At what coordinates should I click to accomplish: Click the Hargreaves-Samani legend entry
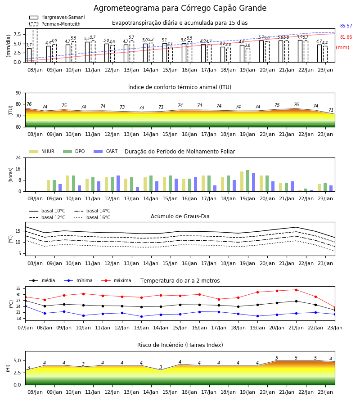pos(57,17)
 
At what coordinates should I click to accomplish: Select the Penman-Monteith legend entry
pos(55,24)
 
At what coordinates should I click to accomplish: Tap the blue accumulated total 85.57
pos(346,26)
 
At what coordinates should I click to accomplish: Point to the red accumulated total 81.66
pos(346,37)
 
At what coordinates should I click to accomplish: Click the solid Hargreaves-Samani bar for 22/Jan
pos(300,51)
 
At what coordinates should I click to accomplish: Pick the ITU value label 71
pos(331,110)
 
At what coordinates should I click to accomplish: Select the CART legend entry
pos(106,151)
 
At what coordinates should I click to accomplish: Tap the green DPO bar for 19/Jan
pos(247,181)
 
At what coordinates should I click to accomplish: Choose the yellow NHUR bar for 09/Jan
pos(48,186)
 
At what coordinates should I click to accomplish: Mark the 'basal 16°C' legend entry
pos(92,217)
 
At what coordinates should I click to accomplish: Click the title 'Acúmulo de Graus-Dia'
pos(180,216)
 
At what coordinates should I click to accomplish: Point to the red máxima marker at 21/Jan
pos(296,290)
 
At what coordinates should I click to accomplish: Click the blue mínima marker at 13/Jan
pos(141,316)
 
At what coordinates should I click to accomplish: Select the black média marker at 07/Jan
pos(26,301)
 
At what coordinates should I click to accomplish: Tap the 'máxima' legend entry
pos(116,280)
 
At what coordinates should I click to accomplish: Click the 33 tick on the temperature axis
pos(18,288)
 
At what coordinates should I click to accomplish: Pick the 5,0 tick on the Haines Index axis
pos(17,360)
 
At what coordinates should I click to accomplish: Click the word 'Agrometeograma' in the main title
pos(126,8)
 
